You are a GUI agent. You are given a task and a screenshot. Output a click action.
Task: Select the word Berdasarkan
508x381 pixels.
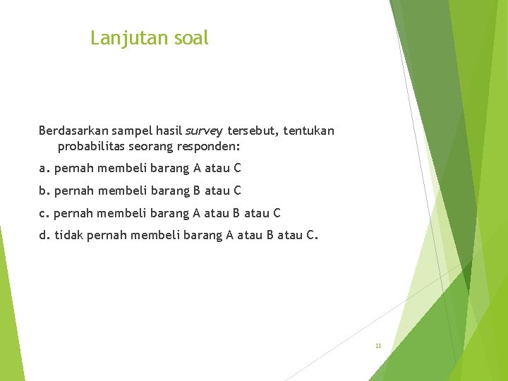[73, 131]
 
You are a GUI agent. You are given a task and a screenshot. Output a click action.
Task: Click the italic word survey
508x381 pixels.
[204, 131]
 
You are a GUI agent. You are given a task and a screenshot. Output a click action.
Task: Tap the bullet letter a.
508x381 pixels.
[42, 169]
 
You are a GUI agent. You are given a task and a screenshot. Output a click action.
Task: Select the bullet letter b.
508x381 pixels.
[42, 190]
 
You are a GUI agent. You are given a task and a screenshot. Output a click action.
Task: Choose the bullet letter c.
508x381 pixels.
[42, 213]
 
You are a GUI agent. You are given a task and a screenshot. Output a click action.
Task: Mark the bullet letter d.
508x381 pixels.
[42, 235]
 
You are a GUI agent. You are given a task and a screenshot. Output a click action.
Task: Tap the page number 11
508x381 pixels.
[378, 346]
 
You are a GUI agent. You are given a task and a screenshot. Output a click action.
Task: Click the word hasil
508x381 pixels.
[169, 131]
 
